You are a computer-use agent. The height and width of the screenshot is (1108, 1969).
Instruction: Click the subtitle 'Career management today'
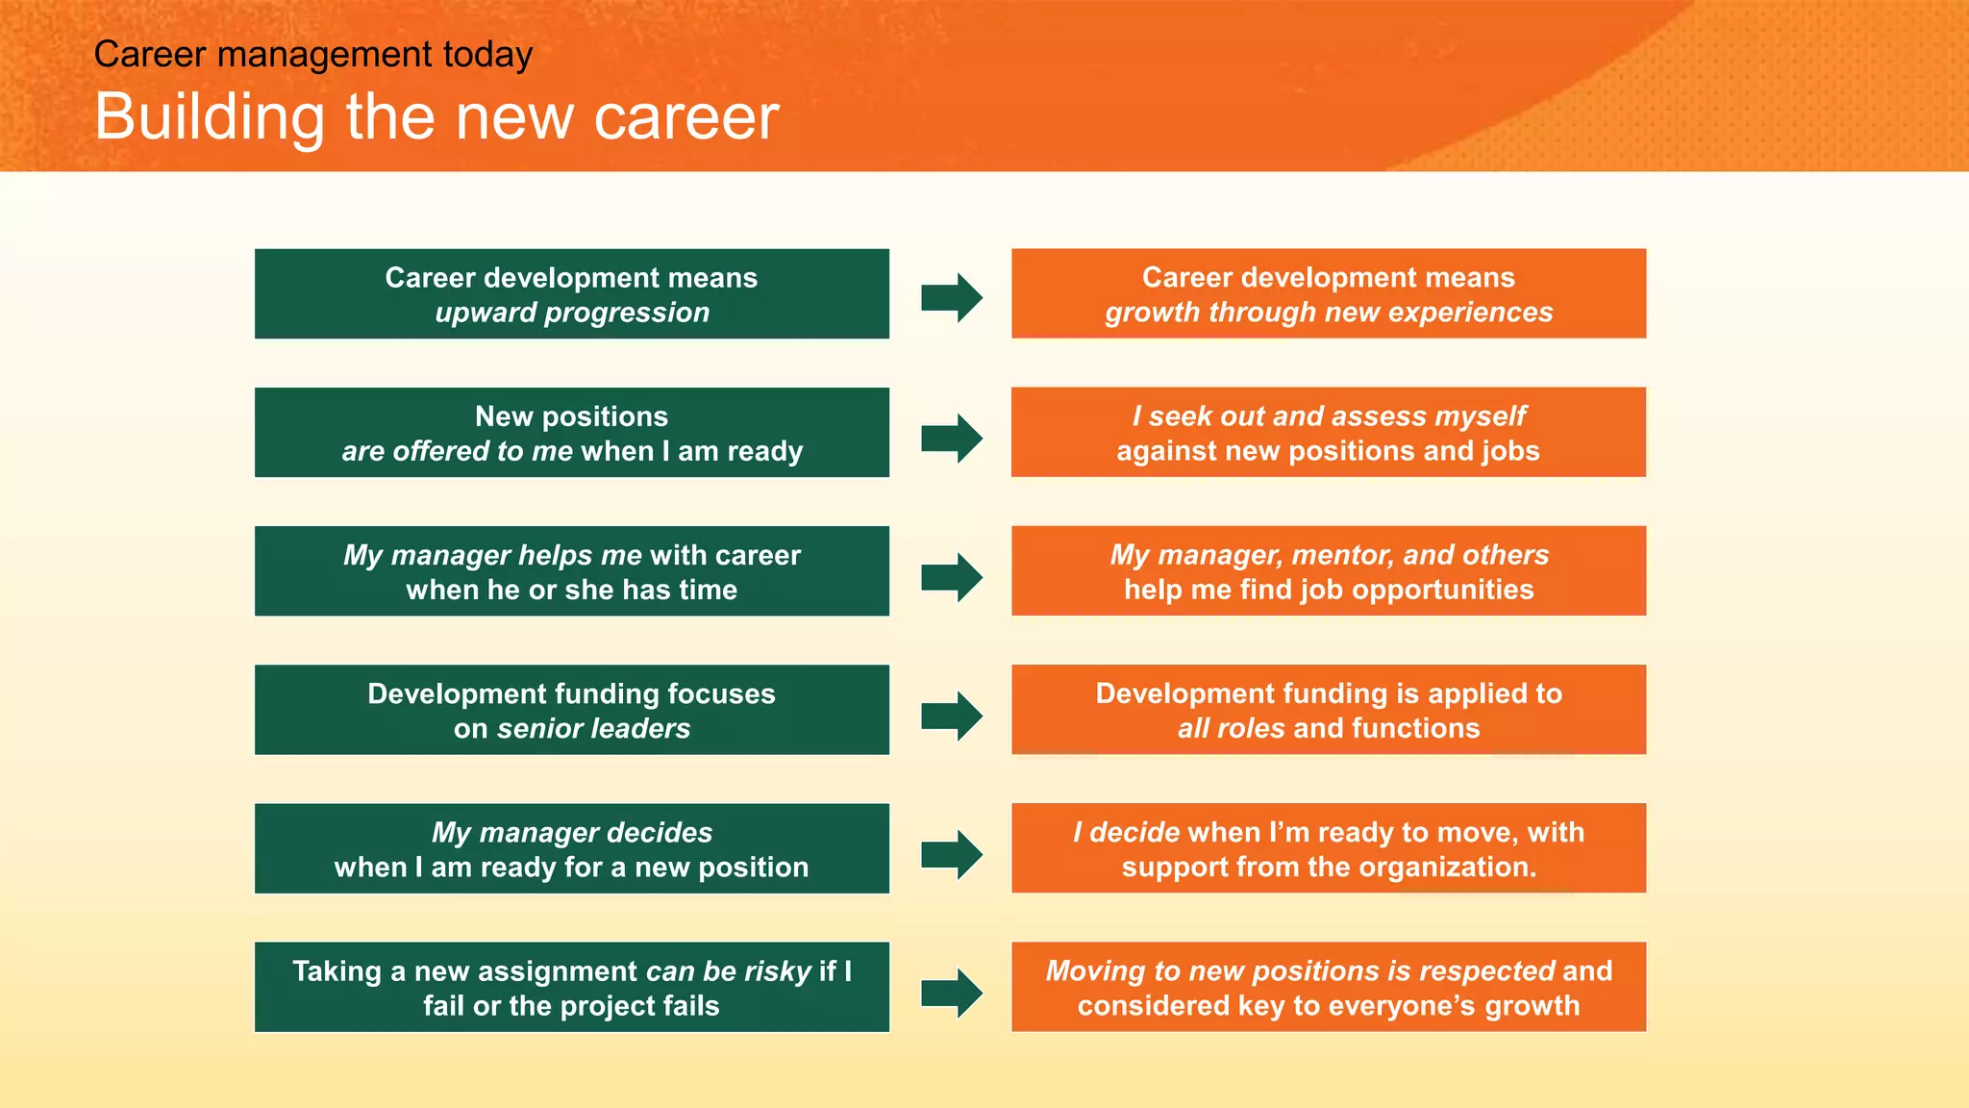[x=312, y=54]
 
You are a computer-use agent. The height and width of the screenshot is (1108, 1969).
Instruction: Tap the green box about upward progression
[x=571, y=293]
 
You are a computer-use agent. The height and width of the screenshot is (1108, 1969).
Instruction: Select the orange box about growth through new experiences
[x=1328, y=293]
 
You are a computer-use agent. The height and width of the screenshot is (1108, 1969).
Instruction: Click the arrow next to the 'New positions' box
[x=951, y=439]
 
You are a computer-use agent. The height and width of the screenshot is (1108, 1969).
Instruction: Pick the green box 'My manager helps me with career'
[x=571, y=570]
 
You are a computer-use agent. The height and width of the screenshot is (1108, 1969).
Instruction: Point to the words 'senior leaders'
[x=593, y=729]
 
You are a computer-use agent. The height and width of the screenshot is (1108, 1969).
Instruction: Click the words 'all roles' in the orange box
[x=1231, y=729]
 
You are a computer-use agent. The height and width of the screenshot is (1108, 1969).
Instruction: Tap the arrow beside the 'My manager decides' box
[x=951, y=854]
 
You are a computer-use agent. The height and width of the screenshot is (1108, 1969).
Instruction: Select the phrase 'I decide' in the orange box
[x=1126, y=833]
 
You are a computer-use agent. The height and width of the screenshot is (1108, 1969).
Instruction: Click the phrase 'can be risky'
[x=728, y=971]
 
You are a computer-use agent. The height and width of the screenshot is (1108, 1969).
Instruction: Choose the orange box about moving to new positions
[x=1328, y=987]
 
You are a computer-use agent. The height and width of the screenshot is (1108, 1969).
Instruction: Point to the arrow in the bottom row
[x=951, y=993]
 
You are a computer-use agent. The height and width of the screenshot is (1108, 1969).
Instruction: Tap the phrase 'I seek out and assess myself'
[x=1328, y=416]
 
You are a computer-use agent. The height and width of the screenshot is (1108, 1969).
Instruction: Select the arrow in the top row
[x=951, y=297]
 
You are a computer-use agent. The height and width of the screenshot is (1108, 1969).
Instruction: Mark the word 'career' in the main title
[x=685, y=117]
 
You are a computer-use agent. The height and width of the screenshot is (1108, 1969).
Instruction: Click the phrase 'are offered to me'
[x=457, y=452]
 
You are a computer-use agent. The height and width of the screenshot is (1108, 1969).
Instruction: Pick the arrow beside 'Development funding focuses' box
[x=951, y=716]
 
